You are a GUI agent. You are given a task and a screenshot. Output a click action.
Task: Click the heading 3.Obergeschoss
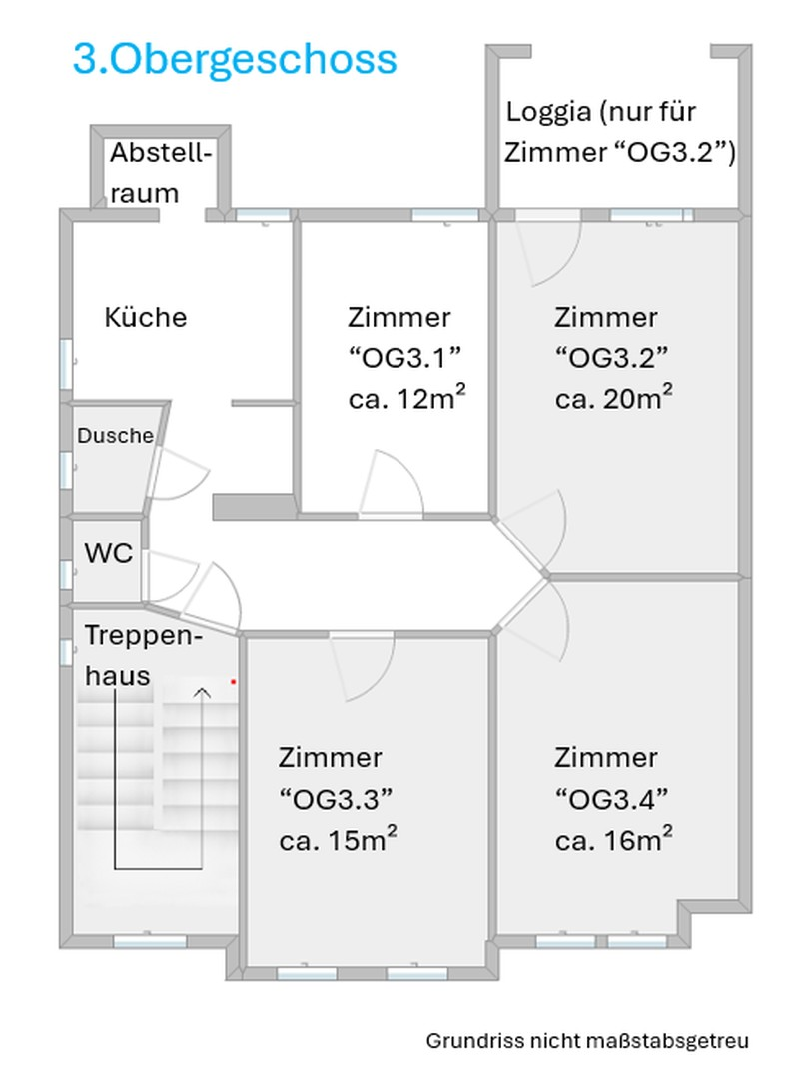point(235,59)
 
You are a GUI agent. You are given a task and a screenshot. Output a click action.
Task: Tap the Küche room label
point(146,318)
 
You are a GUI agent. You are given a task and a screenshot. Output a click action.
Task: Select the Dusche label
point(116,436)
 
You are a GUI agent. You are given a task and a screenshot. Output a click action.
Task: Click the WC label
point(109,554)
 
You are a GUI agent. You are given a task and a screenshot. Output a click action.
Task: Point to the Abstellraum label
point(160,173)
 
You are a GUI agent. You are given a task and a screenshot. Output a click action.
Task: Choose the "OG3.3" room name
point(336,798)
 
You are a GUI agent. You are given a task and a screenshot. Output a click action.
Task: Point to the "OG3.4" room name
point(611,798)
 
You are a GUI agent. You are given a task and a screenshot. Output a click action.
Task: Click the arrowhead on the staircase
point(203,691)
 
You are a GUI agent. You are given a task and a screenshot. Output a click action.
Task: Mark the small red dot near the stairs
point(233,681)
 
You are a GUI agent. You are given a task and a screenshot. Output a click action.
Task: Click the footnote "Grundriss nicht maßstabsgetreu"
point(587,1041)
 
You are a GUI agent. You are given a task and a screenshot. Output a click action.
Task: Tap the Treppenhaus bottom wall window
point(150,941)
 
